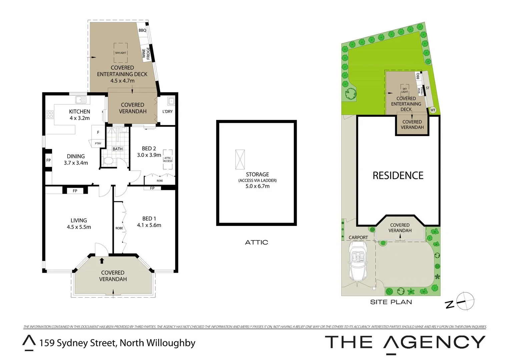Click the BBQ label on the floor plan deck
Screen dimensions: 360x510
(142, 30)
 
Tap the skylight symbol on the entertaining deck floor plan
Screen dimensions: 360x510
(120, 53)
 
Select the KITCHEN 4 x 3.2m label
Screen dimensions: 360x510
(79, 115)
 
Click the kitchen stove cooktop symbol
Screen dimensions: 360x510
(50, 115)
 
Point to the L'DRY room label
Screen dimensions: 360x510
(167, 111)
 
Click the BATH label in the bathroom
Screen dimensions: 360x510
(117, 149)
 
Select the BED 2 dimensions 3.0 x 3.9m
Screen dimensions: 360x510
(149, 155)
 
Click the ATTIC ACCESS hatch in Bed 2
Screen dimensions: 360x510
(168, 160)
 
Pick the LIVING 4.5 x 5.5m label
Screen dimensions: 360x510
(79, 224)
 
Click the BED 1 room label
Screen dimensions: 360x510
(149, 219)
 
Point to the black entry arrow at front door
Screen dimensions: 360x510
(102, 261)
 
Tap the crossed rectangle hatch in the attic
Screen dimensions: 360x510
(240, 159)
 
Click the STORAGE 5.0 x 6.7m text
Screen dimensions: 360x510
(257, 180)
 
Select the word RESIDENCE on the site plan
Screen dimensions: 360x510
(398, 176)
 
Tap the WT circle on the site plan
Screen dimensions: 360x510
(433, 110)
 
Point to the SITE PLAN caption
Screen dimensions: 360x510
(391, 302)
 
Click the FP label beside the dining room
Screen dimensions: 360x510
(48, 160)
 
